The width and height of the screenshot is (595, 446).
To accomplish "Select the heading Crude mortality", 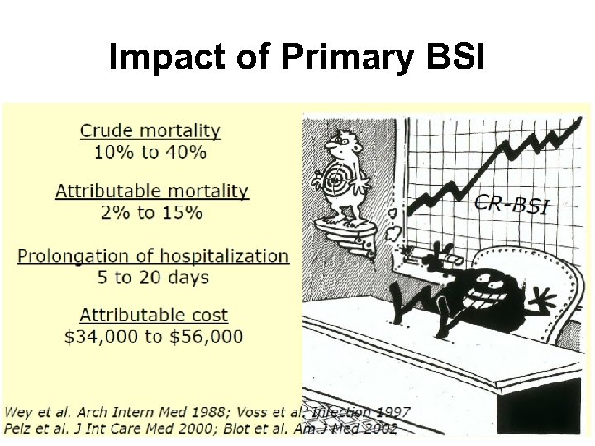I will point(150,130).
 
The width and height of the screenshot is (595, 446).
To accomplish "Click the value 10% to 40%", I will point(150,152).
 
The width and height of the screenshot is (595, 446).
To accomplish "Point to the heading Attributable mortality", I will point(152,191).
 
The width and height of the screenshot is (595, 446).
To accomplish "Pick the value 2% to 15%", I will point(152,212).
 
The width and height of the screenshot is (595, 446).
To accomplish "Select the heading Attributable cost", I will point(154,315).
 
